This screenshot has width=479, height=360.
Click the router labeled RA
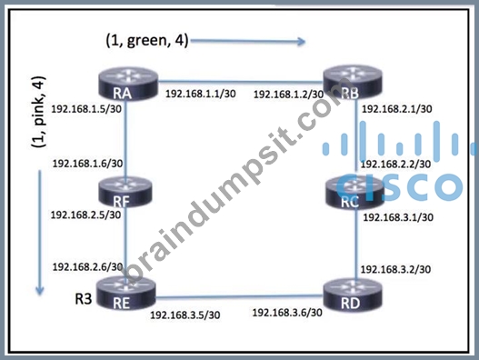coord(128,85)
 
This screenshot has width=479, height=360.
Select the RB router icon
coord(353,85)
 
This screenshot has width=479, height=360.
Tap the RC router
coord(354,193)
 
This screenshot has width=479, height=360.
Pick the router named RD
coord(353,295)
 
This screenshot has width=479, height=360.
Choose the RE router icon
coord(125,295)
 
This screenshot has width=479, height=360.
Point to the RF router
coord(125,193)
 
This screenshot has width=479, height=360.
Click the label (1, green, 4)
coord(147,41)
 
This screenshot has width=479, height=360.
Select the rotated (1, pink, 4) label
coord(39,112)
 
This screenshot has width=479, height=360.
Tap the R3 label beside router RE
coord(84,298)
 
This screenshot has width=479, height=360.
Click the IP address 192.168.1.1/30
coord(201,94)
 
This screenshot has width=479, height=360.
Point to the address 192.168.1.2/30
coord(289,95)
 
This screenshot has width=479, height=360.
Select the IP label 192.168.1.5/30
coord(86,109)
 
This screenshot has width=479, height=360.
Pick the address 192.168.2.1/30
coord(397,109)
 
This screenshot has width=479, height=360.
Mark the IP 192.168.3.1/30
coord(398,217)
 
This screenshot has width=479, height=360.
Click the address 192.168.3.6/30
coord(287,313)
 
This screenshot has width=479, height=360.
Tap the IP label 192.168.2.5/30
coord(85,215)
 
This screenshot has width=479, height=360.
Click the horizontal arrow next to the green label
coord(248,41)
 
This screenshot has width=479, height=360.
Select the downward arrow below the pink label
coord(40,233)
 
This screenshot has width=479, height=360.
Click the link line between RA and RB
coord(241,82)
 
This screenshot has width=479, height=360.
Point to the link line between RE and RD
coord(240,295)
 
